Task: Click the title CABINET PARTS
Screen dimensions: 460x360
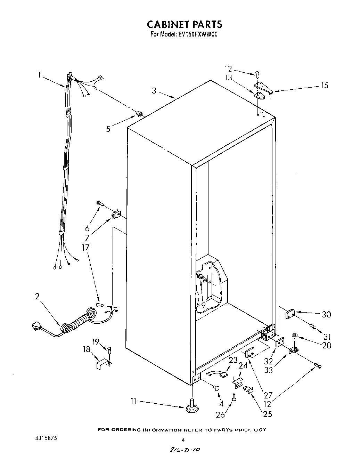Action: click(x=184, y=24)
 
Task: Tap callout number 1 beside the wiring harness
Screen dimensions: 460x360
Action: click(x=40, y=74)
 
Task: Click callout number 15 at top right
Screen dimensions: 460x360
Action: click(x=324, y=85)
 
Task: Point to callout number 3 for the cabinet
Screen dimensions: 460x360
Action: click(x=154, y=91)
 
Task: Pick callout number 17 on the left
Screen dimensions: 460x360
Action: click(x=85, y=248)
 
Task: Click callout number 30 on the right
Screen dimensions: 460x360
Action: click(x=326, y=314)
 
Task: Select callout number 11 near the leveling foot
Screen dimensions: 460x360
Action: click(x=133, y=401)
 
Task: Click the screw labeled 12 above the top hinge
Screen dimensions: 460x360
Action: click(x=257, y=74)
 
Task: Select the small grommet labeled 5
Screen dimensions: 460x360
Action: click(x=139, y=113)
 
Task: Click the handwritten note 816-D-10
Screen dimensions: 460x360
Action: click(x=184, y=450)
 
